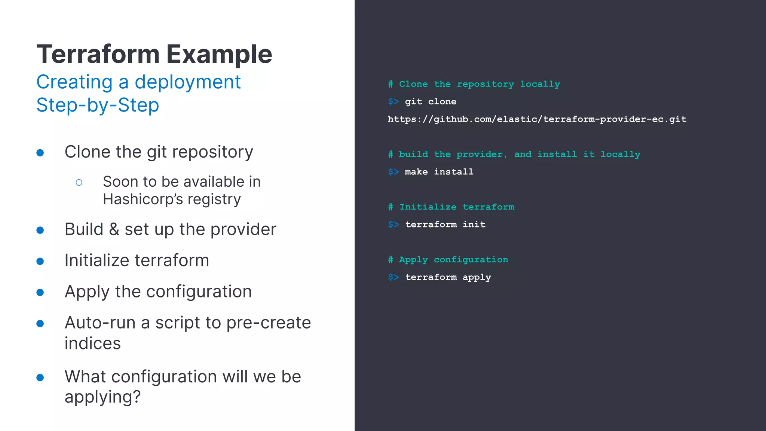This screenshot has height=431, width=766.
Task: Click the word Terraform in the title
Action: coord(98,54)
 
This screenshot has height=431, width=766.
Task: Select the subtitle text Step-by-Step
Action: coord(98,105)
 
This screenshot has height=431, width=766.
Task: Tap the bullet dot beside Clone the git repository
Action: coord(40,153)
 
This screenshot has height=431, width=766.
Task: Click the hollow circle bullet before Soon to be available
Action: coord(79,183)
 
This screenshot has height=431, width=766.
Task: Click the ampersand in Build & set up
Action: coord(114,229)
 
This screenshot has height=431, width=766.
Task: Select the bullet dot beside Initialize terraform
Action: coord(40,261)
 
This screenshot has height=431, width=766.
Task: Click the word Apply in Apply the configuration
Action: coord(87,292)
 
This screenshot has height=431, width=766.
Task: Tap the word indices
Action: coord(92,343)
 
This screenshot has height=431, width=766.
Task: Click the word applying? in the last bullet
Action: coord(102,397)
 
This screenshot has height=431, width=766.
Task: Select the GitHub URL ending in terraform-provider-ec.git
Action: coord(537,119)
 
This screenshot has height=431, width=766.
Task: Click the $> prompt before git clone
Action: coord(393,102)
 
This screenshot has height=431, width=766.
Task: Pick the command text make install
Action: coord(439,172)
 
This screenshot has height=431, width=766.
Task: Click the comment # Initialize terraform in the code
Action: coord(451,207)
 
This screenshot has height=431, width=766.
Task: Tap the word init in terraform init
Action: coord(474,224)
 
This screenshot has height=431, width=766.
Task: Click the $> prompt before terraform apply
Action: coord(393,277)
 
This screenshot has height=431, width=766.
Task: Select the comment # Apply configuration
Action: coord(448,260)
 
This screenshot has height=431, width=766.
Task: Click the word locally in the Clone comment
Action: coord(540,84)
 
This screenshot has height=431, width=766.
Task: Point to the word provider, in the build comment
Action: coord(482,155)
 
